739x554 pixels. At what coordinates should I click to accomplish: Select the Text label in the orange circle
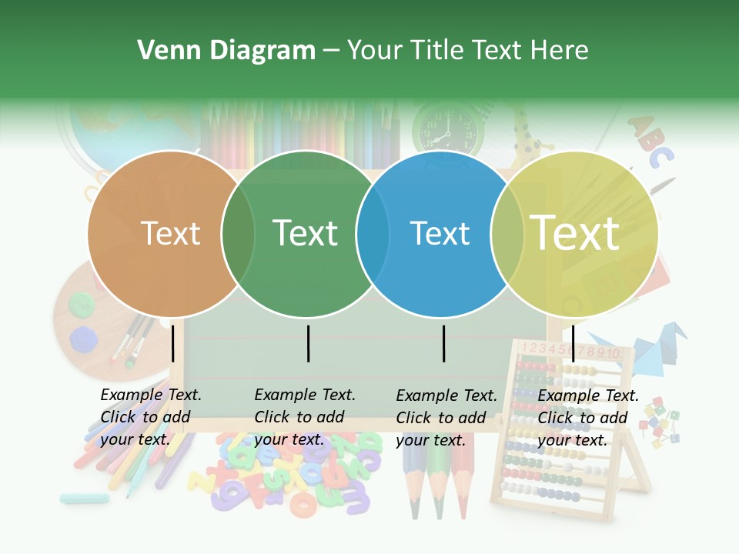coord(171,233)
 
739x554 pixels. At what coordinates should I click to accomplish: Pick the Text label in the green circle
coord(306,233)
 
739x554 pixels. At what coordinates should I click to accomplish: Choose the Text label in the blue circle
coord(440,233)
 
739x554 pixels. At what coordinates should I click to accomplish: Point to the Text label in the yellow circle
coord(575,233)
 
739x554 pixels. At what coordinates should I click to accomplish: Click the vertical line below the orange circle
coord(173,343)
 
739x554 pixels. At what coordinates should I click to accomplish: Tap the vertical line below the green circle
coord(308,343)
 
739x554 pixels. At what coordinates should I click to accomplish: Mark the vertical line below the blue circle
coord(443,343)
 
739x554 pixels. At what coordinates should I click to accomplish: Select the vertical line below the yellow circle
coord(573,343)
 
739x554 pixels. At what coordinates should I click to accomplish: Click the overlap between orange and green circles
coord(238,233)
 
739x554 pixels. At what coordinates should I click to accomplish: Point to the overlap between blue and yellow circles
coord(506,233)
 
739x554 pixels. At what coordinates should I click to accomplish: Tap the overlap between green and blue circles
coord(373,233)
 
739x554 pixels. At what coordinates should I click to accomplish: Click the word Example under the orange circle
coord(132,395)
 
